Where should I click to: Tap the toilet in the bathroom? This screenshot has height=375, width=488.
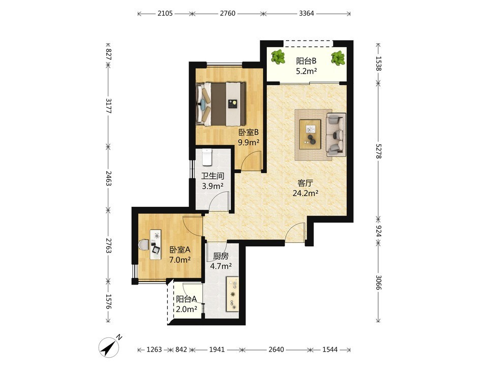[207, 157]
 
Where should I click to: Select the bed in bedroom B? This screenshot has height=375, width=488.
[221, 104]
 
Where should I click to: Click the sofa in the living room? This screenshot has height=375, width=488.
[336, 135]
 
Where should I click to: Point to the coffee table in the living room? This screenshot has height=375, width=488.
[310, 135]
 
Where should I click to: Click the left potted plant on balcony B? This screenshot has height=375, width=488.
[278, 57]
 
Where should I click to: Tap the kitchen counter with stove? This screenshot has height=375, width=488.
[232, 294]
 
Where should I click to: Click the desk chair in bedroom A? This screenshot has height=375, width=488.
[144, 244]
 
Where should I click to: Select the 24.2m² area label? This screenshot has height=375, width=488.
[306, 193]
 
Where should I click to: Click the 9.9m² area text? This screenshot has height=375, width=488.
[249, 143]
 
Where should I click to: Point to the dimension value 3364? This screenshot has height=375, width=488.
[307, 13]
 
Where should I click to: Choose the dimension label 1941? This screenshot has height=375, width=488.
[217, 350]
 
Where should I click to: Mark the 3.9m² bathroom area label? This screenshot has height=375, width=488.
[213, 186]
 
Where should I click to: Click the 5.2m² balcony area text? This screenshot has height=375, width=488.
[306, 71]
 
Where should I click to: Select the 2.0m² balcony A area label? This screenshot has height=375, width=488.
[187, 309]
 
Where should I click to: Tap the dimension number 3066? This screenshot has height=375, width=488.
[378, 282]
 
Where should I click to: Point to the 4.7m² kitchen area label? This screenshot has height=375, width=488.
[221, 266]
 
